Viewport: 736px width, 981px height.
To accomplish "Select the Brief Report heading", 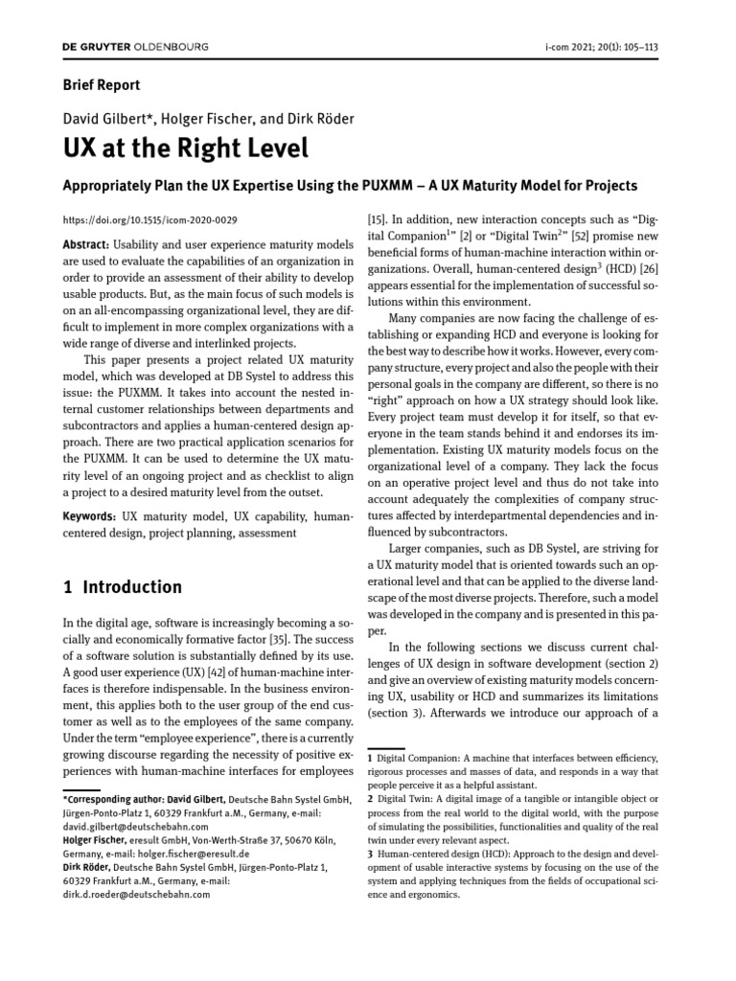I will point(102,84).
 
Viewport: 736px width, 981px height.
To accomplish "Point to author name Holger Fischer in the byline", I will point(198,119).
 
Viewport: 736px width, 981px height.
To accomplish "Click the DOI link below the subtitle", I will point(149,219).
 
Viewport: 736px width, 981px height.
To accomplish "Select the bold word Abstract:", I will point(85,245).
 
